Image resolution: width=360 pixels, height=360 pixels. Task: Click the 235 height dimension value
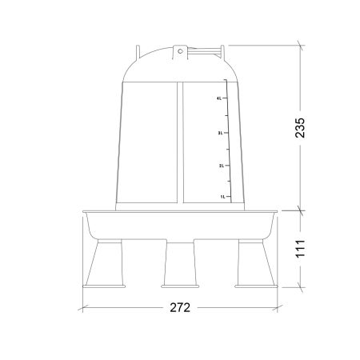tap(300, 127)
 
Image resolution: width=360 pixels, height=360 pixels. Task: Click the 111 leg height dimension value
tap(300, 249)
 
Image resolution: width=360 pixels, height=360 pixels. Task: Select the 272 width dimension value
tap(180, 307)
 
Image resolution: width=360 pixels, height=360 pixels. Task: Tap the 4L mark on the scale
tap(219, 98)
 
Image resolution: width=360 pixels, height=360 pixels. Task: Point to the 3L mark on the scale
tap(220, 133)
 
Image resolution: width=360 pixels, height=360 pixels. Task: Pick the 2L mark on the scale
tap(222, 166)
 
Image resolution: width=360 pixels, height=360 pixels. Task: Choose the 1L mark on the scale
tap(223, 197)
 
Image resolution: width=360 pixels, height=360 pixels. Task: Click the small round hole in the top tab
tap(180, 51)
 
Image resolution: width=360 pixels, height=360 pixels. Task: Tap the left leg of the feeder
tap(105, 262)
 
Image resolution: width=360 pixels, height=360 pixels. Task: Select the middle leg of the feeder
tap(180, 262)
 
